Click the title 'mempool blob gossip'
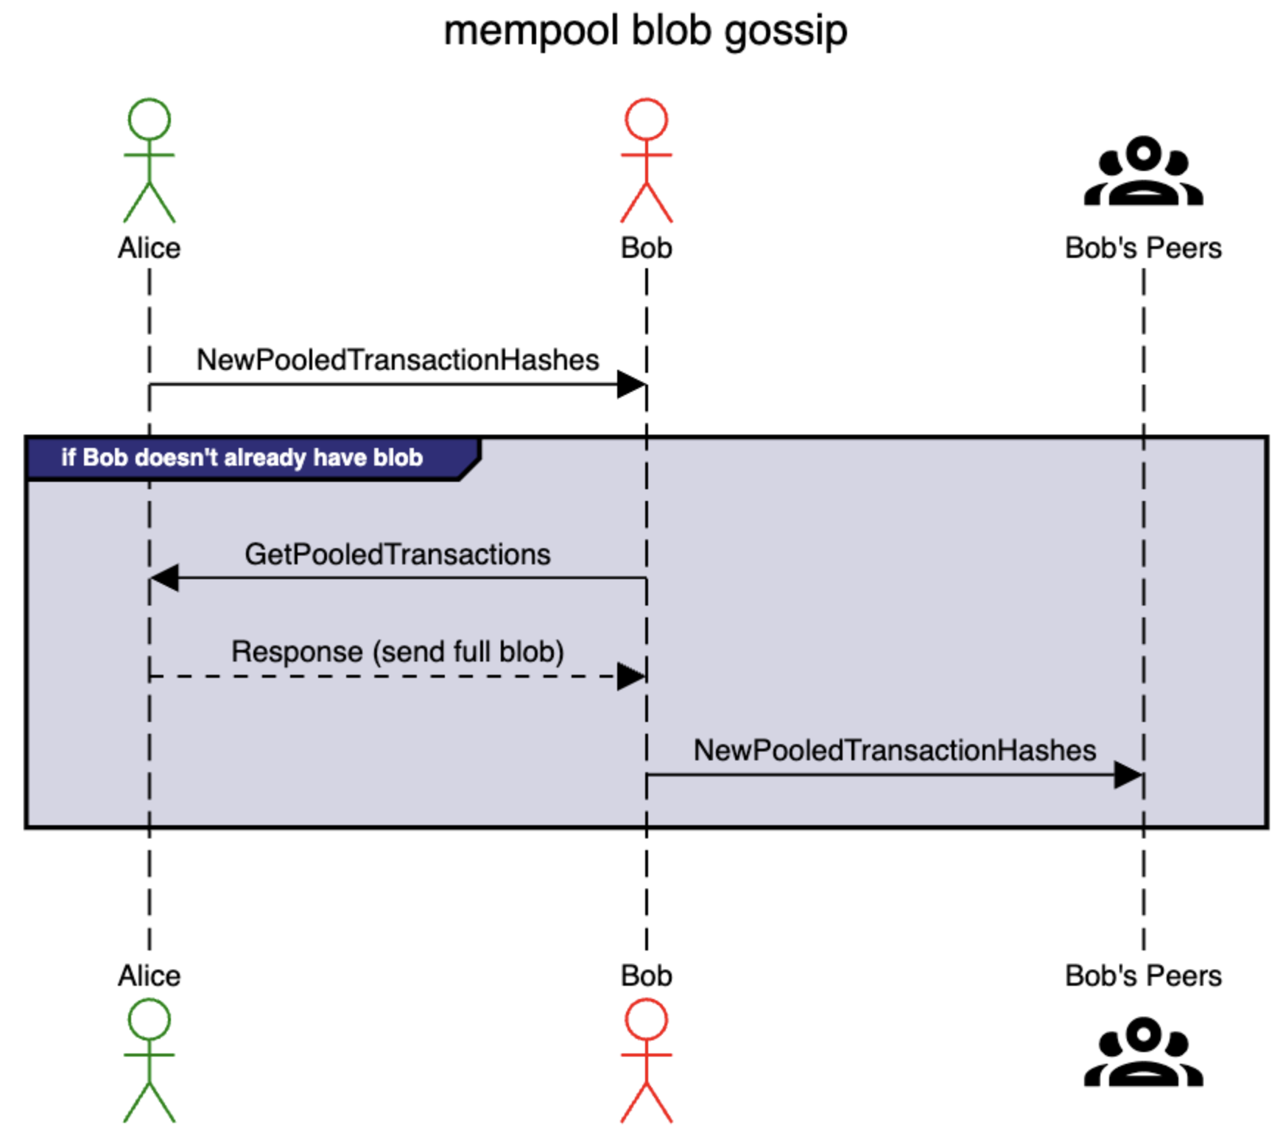tap(645, 31)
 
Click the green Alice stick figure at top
tap(149, 160)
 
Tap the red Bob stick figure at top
tap(646, 160)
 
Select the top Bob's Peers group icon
tap(1143, 171)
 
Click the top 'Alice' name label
tap(149, 248)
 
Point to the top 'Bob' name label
tap(646, 248)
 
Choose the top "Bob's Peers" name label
tap(1143, 248)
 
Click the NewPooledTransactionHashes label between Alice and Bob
tap(398, 360)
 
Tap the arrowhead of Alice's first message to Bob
tap(632, 384)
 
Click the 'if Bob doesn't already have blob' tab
tap(242, 458)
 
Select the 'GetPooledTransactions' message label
tap(398, 555)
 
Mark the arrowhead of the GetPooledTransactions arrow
tap(164, 578)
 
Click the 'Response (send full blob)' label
tap(398, 652)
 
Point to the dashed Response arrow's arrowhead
tap(632, 676)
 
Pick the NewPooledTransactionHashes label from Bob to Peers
tap(895, 751)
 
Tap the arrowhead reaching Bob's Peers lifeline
tap(1129, 775)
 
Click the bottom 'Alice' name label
tap(149, 976)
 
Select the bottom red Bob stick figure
tap(646, 1060)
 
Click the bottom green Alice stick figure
tap(149, 1060)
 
